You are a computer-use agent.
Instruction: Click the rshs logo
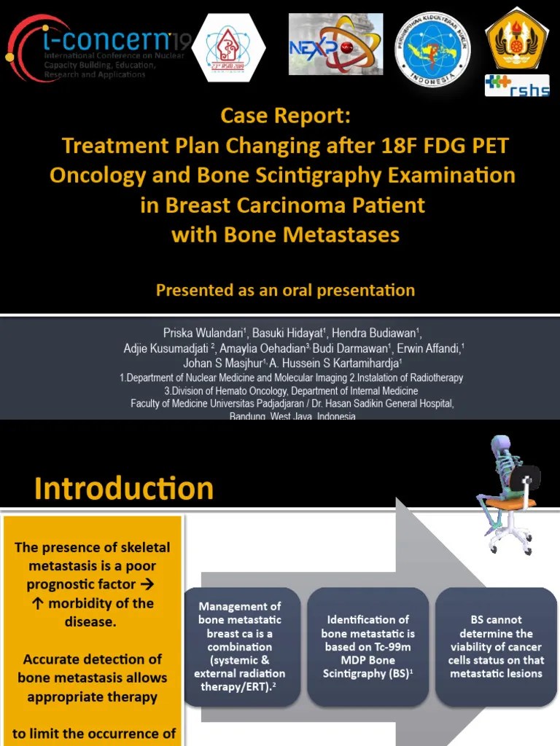click(x=517, y=85)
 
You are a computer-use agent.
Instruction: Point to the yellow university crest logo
click(x=517, y=37)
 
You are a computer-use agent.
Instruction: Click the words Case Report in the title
click(x=285, y=116)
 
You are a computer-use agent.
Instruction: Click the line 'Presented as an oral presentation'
click(x=285, y=291)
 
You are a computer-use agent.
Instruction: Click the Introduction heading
click(x=124, y=488)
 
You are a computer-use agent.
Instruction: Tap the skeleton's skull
click(x=501, y=444)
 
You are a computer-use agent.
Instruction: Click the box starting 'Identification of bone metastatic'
click(x=368, y=646)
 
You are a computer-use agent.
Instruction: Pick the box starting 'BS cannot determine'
click(x=496, y=646)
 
